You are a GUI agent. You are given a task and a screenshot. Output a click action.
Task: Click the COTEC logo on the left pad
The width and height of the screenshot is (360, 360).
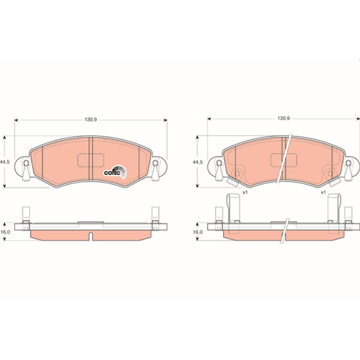pos(115,172)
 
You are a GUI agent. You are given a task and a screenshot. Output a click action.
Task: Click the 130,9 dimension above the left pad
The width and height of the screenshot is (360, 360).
pos(91,120)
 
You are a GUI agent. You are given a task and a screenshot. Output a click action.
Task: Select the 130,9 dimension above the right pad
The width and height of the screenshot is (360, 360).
pos(284,118)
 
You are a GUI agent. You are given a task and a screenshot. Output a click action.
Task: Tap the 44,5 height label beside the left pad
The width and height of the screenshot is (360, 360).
pos(4,162)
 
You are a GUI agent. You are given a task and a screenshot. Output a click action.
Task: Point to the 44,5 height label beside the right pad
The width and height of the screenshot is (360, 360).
pos(198,162)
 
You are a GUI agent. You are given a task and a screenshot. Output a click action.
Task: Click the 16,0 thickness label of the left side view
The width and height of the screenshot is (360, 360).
pos(5,232)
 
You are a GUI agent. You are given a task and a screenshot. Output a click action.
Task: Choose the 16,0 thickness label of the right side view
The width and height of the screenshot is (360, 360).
pos(198,232)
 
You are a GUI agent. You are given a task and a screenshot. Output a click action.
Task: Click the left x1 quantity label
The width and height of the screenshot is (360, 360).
pos(245,193)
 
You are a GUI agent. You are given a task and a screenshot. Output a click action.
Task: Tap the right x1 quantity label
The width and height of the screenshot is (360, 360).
pos(323,193)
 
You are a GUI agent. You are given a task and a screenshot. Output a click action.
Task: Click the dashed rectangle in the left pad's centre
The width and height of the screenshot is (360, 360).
pos(91,160)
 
